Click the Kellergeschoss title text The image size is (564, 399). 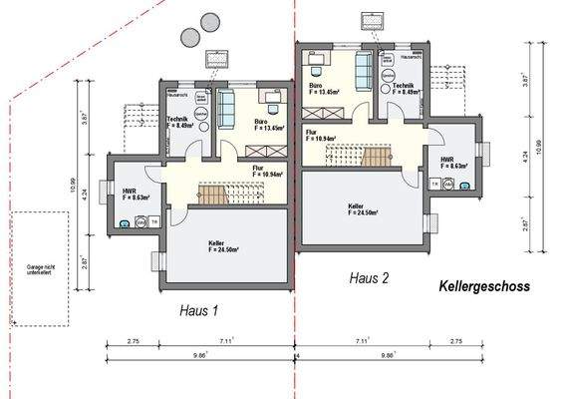484,286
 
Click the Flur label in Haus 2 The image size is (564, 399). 320,136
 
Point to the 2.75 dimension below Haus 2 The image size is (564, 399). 455,341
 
